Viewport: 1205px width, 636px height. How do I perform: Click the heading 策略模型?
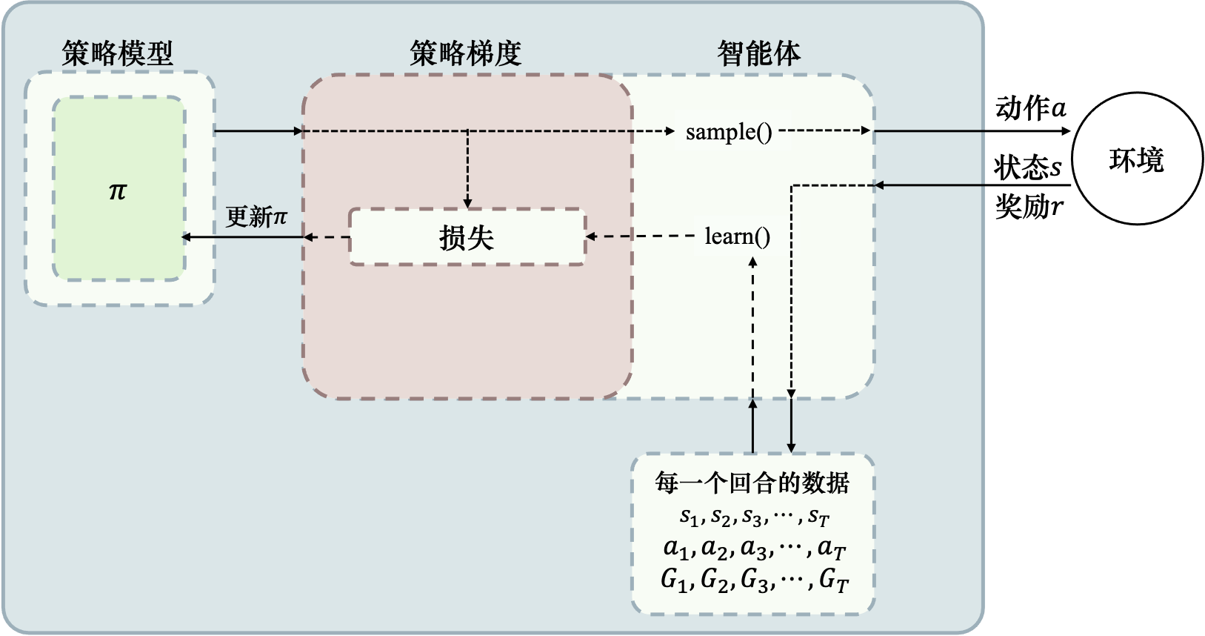pyautogui.click(x=117, y=53)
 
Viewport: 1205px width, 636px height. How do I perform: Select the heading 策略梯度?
pyautogui.click(x=466, y=53)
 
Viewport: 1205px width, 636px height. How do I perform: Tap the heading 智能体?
pyautogui.click(x=759, y=53)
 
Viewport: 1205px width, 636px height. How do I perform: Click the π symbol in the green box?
pyautogui.click(x=118, y=191)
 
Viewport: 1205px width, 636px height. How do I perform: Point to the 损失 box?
pyautogui.click(x=467, y=237)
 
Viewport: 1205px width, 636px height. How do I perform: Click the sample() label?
pyautogui.click(x=729, y=132)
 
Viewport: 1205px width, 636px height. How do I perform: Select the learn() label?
pyautogui.click(x=738, y=236)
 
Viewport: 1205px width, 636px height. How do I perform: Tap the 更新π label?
pyautogui.click(x=256, y=216)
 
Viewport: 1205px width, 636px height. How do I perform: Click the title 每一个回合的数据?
pyautogui.click(x=752, y=483)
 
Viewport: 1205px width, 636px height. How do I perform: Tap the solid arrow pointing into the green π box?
pyautogui.click(x=244, y=237)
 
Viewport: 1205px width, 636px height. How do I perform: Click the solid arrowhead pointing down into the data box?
pyautogui.click(x=791, y=446)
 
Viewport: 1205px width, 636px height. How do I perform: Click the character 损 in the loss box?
pyautogui.click(x=453, y=238)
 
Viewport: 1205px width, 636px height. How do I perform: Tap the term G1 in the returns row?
pyautogui.click(x=674, y=579)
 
